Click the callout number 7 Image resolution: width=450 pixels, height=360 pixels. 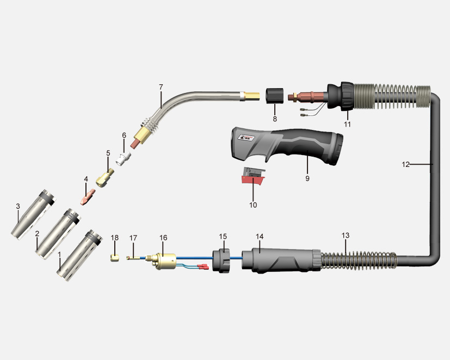click(x=161, y=86)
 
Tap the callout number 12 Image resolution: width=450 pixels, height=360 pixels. click(x=405, y=164)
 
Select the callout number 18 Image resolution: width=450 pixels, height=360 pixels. click(x=114, y=238)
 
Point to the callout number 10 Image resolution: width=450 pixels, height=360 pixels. click(x=253, y=205)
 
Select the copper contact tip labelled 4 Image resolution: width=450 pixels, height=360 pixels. click(x=88, y=197)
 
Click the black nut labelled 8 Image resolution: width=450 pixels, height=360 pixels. click(x=275, y=96)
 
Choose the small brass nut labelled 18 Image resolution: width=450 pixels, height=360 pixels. click(x=115, y=258)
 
